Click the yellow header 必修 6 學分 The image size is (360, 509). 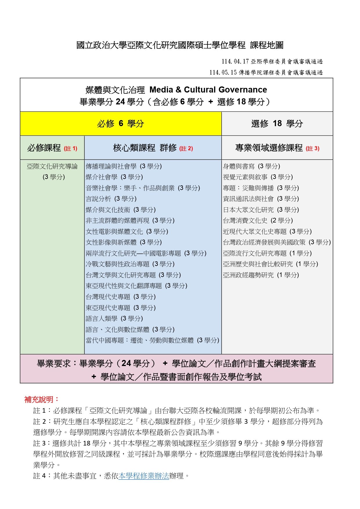(121, 124)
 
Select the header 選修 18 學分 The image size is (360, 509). (277, 124)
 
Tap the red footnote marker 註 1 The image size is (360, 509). (70, 149)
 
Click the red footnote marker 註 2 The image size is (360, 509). (186, 149)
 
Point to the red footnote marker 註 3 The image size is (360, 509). (312, 149)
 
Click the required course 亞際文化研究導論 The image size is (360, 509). (52, 166)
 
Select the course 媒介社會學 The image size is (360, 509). (102, 177)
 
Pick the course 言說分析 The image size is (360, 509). (98, 199)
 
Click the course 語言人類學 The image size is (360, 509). (102, 319)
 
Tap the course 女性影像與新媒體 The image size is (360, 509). (111, 242)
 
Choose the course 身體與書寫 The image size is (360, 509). (238, 166)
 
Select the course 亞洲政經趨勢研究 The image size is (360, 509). (248, 275)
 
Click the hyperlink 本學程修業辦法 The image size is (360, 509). (144, 476)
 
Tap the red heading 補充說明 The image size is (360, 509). (41, 400)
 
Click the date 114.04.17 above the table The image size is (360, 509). (235, 61)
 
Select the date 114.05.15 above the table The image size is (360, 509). (223, 73)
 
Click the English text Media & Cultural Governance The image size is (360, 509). (208, 90)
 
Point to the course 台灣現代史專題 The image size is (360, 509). (108, 297)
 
